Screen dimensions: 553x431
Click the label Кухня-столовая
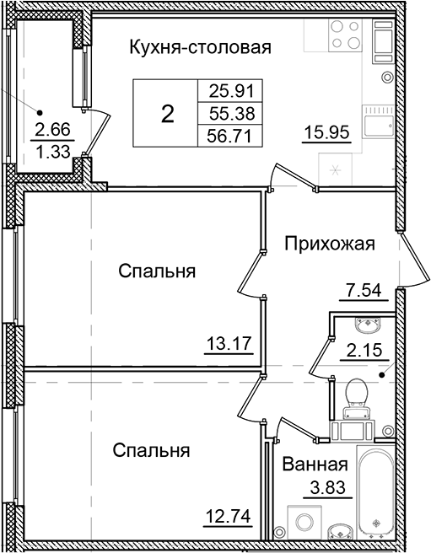(x=200, y=48)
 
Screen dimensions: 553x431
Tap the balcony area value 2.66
(x=50, y=130)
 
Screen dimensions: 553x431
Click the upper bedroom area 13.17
(x=229, y=342)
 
